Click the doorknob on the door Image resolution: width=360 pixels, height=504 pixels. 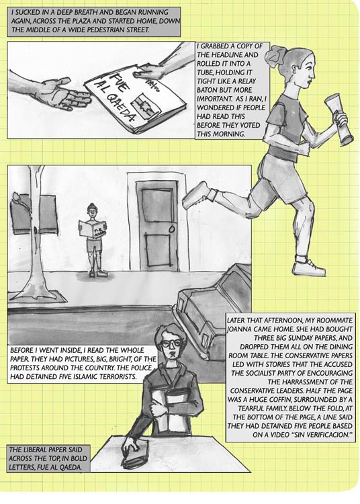tap(171, 229)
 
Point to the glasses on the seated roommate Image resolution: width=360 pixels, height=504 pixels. tap(169, 343)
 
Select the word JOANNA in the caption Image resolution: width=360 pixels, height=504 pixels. tap(238, 329)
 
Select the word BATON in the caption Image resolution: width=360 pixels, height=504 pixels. tap(208, 90)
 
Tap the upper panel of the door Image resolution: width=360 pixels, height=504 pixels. tap(158, 205)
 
